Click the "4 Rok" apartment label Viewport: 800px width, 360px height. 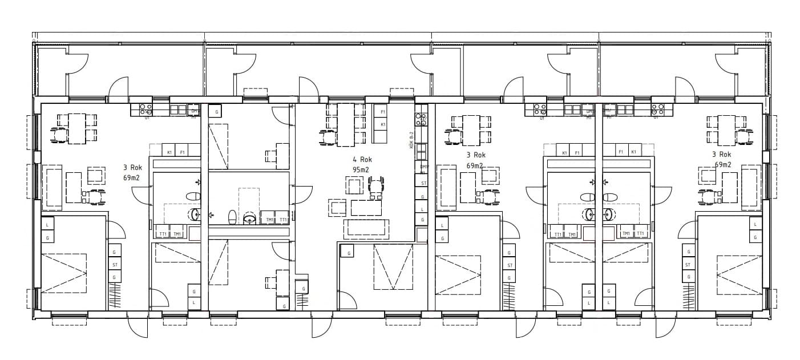[x=362, y=160]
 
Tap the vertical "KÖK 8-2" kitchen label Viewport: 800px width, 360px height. [x=411, y=140]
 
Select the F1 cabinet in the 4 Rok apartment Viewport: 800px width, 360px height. [x=383, y=112]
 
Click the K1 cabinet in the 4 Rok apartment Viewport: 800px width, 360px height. [x=383, y=124]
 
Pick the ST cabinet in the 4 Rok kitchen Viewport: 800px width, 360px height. [x=423, y=183]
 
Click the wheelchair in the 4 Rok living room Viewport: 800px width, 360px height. [x=375, y=187]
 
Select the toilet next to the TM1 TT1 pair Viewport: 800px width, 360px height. [x=232, y=217]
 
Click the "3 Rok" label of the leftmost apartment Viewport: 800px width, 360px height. [x=132, y=168]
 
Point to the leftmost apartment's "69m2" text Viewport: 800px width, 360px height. [x=131, y=178]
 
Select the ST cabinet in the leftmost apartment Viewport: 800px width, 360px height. [x=115, y=265]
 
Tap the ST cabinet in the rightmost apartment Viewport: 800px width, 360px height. [x=688, y=265]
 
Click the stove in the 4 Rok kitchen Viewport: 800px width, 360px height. [x=421, y=120]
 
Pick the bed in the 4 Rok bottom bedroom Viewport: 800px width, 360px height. [x=393, y=266]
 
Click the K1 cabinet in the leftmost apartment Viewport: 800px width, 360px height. [x=169, y=152]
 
